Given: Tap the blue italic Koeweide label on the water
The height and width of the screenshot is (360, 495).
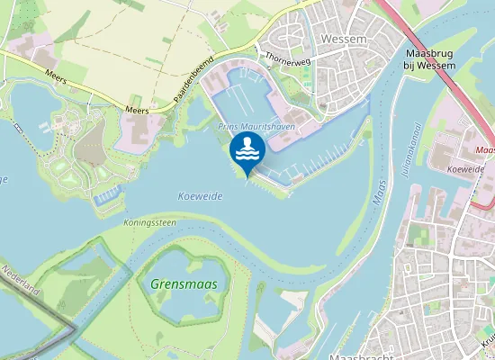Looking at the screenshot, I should pos(200,195).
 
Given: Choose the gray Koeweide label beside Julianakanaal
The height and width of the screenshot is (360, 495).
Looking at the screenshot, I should pos(465,168).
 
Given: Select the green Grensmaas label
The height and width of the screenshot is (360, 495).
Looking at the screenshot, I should pos(178,284).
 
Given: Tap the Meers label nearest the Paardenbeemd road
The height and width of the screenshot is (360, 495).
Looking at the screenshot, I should pos(137,111).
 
